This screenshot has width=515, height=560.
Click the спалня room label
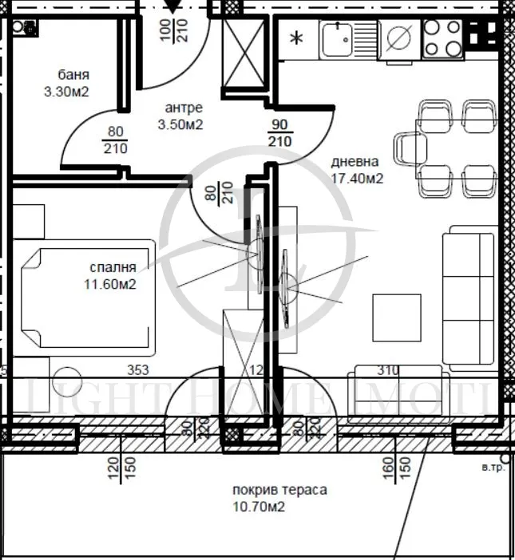[113, 268]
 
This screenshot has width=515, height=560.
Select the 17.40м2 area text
[357, 179]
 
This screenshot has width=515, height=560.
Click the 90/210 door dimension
[279, 133]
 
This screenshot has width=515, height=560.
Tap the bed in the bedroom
[86, 296]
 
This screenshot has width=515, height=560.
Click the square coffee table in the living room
[396, 317]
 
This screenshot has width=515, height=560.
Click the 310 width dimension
[388, 370]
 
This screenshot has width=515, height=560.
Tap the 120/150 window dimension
[121, 464]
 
